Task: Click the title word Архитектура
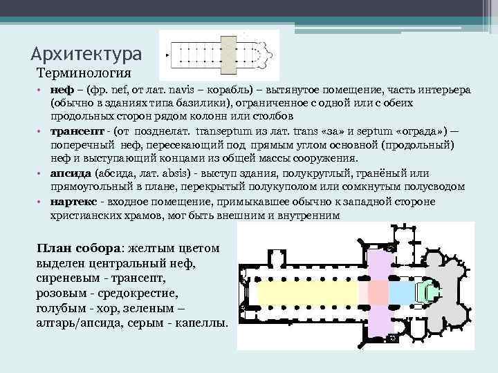point(86,53)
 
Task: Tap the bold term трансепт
point(77,130)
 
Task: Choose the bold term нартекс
point(74,202)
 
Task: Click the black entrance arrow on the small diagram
point(166,56)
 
